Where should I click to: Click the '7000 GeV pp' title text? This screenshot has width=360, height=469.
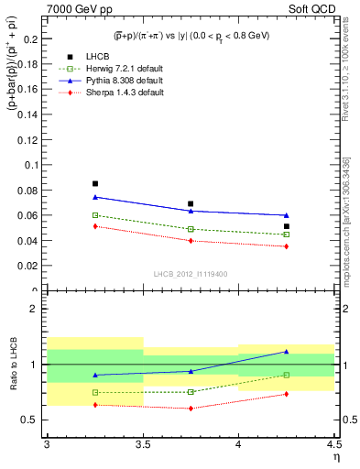pos(76,7)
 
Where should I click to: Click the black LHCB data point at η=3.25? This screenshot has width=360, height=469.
pos(94,184)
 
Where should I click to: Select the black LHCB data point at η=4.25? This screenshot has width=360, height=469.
pos(287,226)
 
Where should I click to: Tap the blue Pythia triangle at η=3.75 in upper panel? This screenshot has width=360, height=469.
pos(191,212)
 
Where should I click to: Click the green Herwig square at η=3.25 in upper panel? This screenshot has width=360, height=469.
pos(94,215)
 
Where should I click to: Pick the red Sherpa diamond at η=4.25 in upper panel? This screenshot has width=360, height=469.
pos(287,246)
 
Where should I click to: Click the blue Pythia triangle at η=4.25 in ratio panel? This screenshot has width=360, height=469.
pos(287,352)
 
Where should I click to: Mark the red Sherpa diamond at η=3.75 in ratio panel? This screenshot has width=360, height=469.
pos(191,409)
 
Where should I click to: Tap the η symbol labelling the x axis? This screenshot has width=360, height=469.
pos(335,457)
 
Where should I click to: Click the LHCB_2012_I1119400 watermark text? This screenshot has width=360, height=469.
pos(191,274)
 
